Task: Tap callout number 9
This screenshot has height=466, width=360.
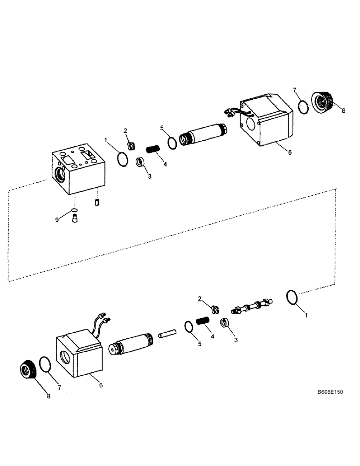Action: (57, 219)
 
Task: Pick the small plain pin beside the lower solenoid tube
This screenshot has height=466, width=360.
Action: (166, 336)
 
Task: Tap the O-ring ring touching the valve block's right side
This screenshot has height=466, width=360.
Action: (122, 159)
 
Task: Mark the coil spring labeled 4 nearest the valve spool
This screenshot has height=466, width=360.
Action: (202, 321)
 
